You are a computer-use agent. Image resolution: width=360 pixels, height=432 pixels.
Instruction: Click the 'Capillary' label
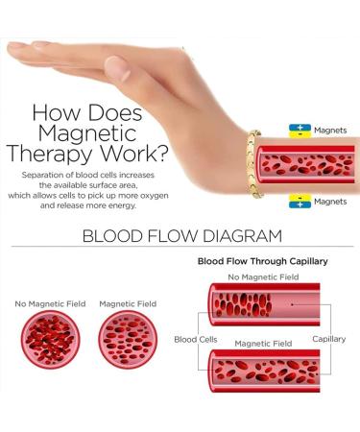coord(329,339)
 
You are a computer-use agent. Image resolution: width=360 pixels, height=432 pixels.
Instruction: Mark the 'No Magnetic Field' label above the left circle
coord(50,304)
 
